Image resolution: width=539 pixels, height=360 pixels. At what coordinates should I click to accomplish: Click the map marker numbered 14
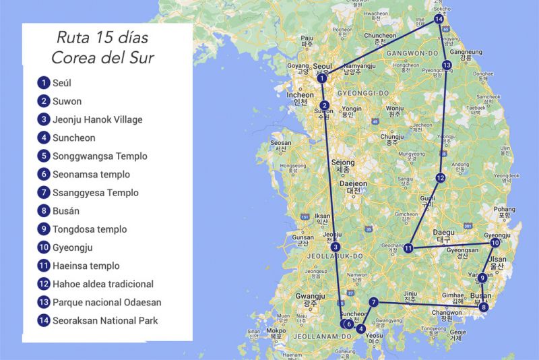point(439,19)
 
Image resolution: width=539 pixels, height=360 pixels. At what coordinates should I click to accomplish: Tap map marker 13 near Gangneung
point(447,65)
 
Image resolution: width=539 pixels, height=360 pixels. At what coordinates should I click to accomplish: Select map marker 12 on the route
point(440,178)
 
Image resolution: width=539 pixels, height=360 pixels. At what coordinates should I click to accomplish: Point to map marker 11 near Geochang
point(408,248)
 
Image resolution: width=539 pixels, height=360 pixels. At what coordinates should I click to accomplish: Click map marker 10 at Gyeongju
point(495,243)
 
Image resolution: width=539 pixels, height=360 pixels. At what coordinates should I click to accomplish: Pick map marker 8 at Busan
point(484,307)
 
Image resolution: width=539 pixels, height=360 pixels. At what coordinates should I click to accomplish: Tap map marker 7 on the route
point(374,302)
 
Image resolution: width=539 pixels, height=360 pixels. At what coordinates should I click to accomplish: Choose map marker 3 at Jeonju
point(336,247)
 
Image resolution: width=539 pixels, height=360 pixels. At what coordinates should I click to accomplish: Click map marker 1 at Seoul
point(323,78)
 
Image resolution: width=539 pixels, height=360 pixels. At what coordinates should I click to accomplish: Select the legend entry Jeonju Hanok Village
point(98,120)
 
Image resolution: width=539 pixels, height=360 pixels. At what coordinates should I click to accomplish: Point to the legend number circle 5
point(44,156)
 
